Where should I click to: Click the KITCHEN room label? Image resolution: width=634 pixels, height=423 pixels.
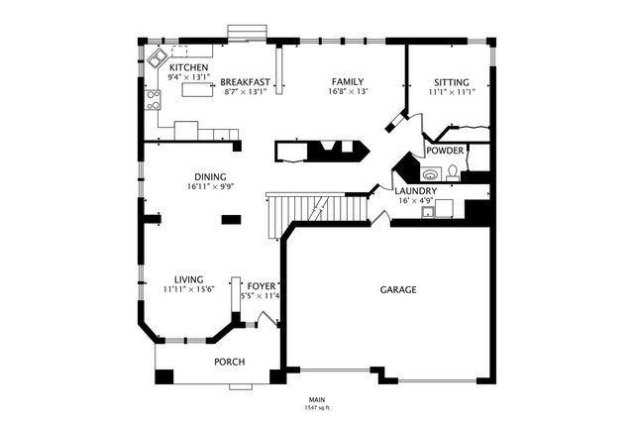(189, 67)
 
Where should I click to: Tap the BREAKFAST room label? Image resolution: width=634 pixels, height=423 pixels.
(245, 82)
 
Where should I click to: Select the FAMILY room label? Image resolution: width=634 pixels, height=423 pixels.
(348, 82)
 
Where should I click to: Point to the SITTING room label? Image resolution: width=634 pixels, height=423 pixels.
(452, 82)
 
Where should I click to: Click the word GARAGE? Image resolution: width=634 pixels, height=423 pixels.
(398, 290)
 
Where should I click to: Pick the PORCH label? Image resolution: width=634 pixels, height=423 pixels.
(229, 362)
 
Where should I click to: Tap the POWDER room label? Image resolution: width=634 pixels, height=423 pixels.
(445, 151)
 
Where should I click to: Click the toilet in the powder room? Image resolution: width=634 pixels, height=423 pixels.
(453, 173)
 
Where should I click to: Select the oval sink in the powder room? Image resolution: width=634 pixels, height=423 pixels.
(431, 175)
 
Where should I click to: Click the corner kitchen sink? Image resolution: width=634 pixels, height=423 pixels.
(157, 59)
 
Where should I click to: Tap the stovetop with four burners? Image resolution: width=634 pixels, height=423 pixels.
(153, 100)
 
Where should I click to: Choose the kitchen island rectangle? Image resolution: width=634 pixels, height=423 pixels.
(197, 89)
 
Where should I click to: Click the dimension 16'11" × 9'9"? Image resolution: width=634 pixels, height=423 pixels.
(211, 187)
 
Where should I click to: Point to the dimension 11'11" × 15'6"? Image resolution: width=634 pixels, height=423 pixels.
(188, 289)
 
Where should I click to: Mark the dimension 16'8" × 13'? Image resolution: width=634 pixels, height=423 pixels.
(348, 92)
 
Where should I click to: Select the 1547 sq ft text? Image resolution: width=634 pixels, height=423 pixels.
(317, 408)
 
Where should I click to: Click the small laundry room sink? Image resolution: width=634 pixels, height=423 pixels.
(428, 212)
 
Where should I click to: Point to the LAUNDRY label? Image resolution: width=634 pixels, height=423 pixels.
(416, 191)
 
